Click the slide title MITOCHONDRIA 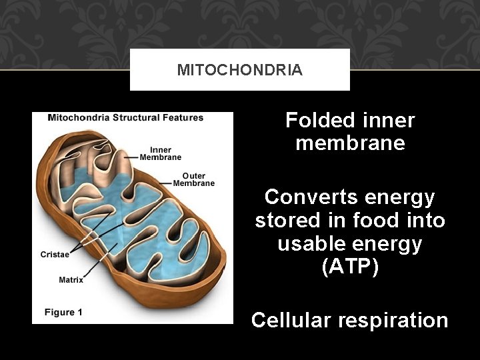[x=239, y=70]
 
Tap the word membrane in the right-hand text [x=350, y=143]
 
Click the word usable [x=311, y=244]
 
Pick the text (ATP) [x=350, y=267]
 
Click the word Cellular [x=291, y=321]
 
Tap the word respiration [x=393, y=321]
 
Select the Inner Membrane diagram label [x=161, y=153]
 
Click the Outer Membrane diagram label [x=194, y=179]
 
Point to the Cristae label [x=54, y=254]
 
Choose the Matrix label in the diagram [x=71, y=280]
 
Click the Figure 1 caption [x=63, y=312]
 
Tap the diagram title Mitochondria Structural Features [x=125, y=118]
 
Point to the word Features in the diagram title [x=182, y=118]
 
